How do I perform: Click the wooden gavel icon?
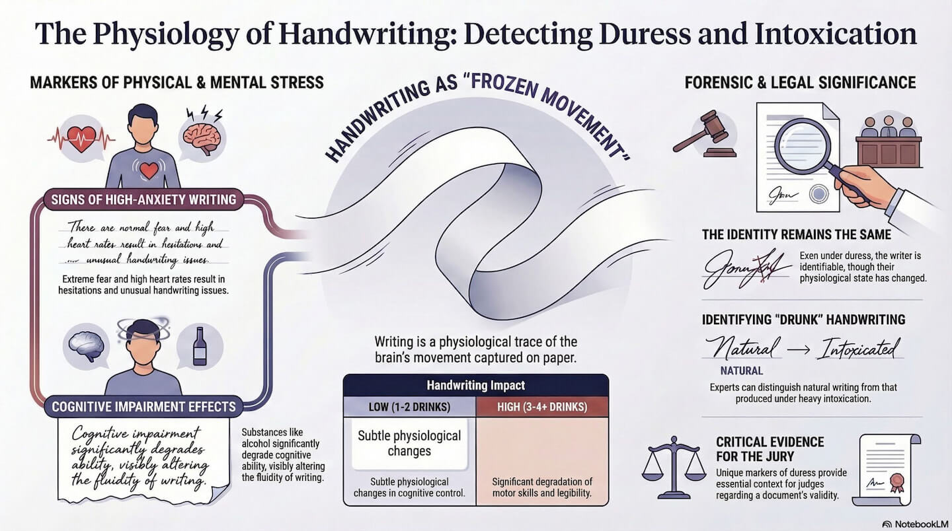[x=706, y=134]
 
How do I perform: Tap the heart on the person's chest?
[x=149, y=170]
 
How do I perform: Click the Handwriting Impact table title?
[x=476, y=386]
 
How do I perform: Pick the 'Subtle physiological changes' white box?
[x=409, y=443]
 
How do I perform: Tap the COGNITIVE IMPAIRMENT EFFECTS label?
[x=144, y=406]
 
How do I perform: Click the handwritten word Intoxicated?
[x=858, y=347]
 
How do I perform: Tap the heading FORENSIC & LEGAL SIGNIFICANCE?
[x=800, y=83]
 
